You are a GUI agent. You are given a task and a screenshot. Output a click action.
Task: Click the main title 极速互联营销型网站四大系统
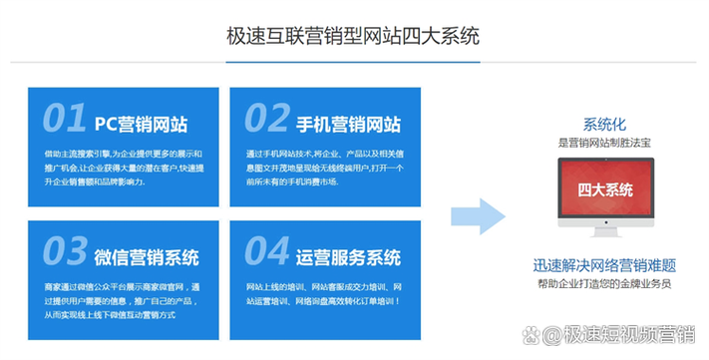[x=354, y=37]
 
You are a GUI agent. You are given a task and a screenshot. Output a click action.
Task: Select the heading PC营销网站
[x=141, y=124]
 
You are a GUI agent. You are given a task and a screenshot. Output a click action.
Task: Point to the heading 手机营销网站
[x=350, y=124]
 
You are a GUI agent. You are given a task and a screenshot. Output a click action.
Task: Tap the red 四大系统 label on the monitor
[x=604, y=188]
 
